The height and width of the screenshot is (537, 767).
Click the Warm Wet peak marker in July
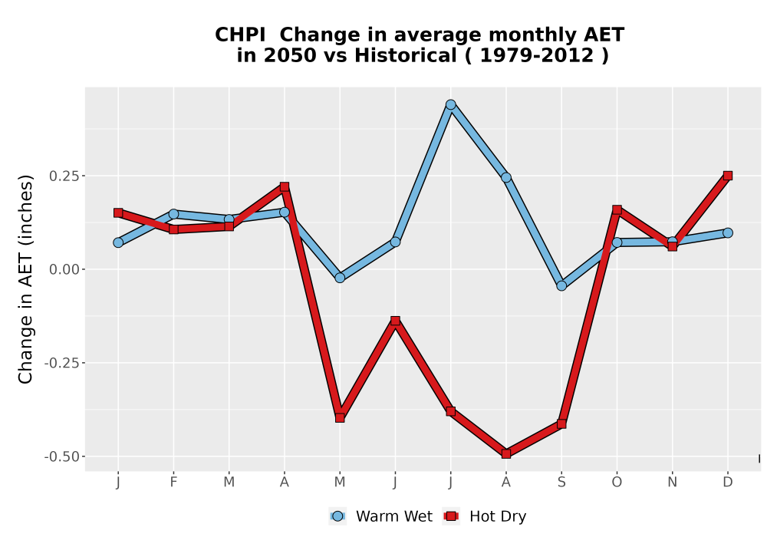point(450,104)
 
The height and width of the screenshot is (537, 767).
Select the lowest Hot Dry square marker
point(506,454)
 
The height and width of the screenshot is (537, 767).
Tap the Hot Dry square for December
point(728,176)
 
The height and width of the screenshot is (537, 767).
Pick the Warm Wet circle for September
point(561,285)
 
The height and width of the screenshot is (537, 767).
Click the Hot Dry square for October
point(617,209)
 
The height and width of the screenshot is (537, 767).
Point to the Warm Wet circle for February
point(173,214)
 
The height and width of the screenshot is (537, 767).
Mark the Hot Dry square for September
point(561,423)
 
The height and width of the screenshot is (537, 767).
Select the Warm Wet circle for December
point(728,232)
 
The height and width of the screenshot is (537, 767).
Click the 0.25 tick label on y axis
point(64,176)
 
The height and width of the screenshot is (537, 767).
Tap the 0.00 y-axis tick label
point(64,269)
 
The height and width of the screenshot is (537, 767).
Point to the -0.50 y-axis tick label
point(62,456)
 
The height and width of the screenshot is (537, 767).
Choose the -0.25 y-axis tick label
point(62,364)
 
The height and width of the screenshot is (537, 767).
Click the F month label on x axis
point(173,483)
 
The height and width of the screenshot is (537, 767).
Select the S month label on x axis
point(561,483)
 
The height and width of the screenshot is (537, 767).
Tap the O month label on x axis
point(617,483)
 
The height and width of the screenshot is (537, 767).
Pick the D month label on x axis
point(728,483)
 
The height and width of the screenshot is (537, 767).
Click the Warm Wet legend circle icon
point(337,516)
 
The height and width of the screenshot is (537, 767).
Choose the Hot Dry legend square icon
point(451,516)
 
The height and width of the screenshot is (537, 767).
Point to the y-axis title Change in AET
point(25,279)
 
